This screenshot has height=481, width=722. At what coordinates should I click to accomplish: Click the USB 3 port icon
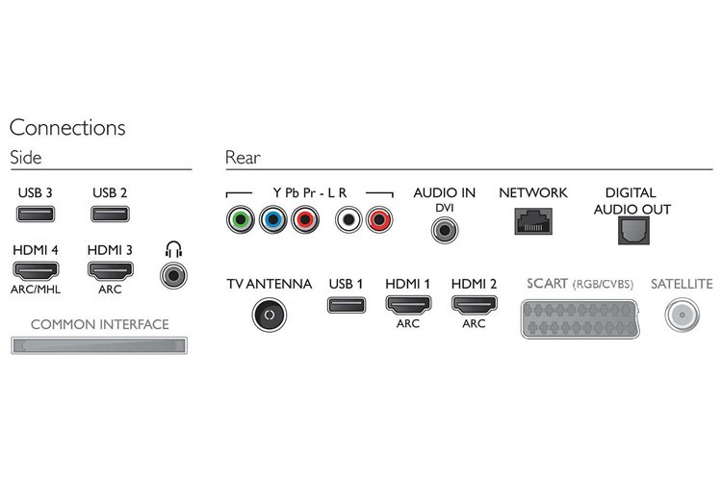pyautogui.click(x=35, y=216)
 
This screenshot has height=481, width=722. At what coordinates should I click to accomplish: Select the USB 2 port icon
pyautogui.click(x=110, y=216)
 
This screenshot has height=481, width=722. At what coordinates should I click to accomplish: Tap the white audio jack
pyautogui.click(x=345, y=219)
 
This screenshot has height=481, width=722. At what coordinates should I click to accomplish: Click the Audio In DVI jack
pyautogui.click(x=444, y=230)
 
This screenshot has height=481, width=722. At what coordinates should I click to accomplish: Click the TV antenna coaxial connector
pyautogui.click(x=269, y=313)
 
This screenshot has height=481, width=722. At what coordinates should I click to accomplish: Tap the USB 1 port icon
pyautogui.click(x=346, y=307)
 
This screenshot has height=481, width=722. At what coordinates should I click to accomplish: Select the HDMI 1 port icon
pyautogui.click(x=407, y=307)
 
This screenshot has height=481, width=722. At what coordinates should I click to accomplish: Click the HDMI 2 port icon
pyautogui.click(x=473, y=307)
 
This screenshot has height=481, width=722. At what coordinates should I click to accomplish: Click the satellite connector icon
pyautogui.click(x=682, y=314)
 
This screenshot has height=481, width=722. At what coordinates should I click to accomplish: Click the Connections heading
pyautogui.click(x=67, y=127)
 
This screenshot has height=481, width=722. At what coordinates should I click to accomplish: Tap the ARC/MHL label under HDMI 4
pyautogui.click(x=35, y=289)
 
